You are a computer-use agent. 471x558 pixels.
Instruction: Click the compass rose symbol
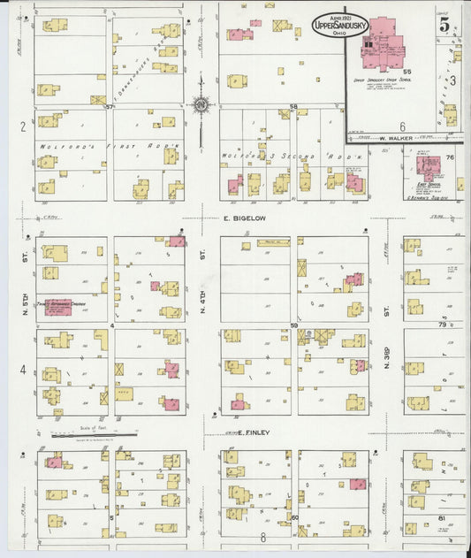tap(202, 106)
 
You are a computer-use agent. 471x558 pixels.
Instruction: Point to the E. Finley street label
tap(255, 432)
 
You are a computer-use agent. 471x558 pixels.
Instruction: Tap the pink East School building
tap(429, 165)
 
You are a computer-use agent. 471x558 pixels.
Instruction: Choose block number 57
tap(110, 106)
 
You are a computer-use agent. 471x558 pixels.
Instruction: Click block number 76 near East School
tap(449, 158)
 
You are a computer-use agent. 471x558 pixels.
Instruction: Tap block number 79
tap(443, 325)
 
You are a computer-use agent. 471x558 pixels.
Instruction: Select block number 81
tap(441, 516)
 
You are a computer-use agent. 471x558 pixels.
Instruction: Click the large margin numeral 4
tap(23, 369)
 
